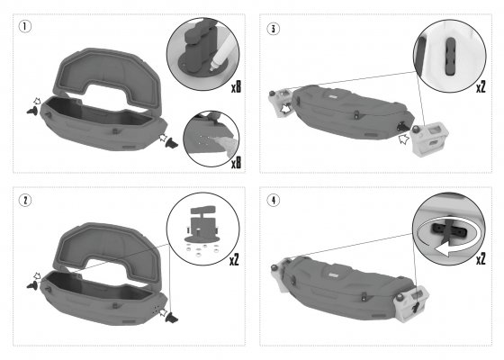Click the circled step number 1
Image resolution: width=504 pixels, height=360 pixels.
[x=25, y=26]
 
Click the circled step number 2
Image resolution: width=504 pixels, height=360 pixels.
[x=25, y=200]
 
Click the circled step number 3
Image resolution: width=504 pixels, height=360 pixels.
[x=274, y=29]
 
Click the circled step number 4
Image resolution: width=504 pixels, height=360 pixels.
[x=274, y=200]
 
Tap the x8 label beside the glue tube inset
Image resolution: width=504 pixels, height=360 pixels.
[x=236, y=86]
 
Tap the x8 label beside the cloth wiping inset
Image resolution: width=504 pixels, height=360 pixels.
[x=236, y=163]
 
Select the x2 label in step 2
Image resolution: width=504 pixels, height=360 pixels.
[x=234, y=260]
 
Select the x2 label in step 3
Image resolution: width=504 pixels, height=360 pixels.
[x=481, y=86]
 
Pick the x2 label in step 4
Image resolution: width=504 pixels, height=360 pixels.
[x=481, y=258]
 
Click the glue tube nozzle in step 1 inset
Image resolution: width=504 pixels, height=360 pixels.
[x=213, y=67]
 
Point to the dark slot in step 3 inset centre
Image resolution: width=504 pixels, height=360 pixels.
[x=451, y=57]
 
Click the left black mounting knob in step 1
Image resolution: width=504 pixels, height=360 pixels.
[x=32, y=111]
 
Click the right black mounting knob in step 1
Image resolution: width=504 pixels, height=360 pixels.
[x=171, y=143]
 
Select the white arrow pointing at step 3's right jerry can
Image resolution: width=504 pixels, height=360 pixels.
[x=404, y=139]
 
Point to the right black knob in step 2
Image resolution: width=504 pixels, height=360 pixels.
[x=171, y=318]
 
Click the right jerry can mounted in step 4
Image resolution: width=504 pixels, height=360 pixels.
[x=411, y=302]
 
